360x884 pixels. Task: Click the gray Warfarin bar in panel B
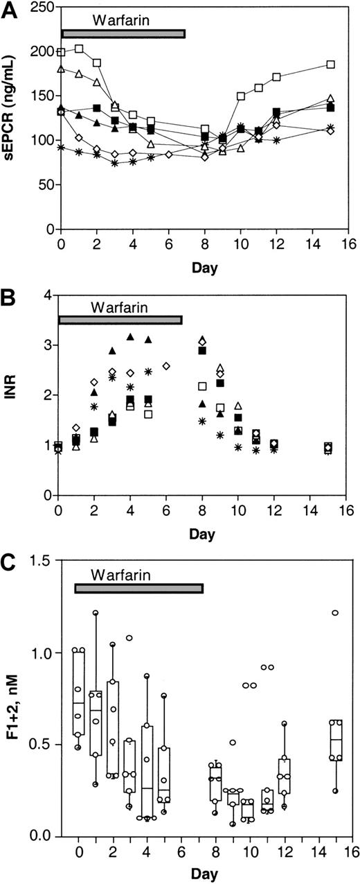tap(120, 320)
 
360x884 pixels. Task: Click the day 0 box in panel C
tap(78, 695)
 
